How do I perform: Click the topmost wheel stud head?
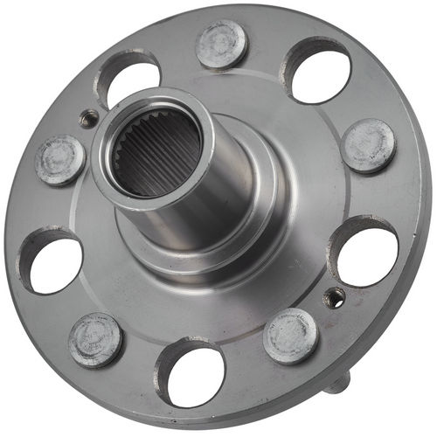pyautogui.click(x=221, y=43)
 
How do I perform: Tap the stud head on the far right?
pyautogui.click(x=368, y=144)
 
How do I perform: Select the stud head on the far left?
pyautogui.click(x=60, y=160)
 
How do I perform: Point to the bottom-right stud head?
pyautogui.click(x=289, y=335)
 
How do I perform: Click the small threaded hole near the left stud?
pyautogui.click(x=87, y=118)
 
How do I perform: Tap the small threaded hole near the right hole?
pyautogui.click(x=333, y=298)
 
